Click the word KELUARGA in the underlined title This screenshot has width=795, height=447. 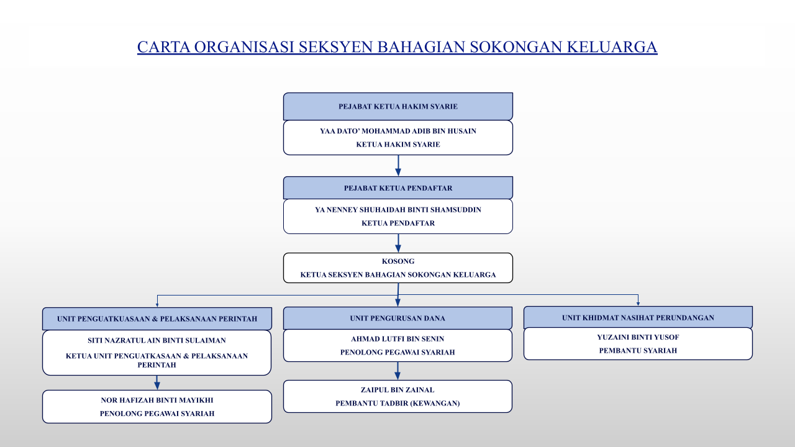612,47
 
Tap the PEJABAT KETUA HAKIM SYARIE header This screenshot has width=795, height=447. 398,106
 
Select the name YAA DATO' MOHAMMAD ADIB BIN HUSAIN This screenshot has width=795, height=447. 398,131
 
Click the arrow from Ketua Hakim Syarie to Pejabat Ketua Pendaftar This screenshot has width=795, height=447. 398,166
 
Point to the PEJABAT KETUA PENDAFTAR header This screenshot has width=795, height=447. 398,188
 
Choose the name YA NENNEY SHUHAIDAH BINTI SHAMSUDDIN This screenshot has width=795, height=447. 398,210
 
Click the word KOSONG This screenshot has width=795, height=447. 398,261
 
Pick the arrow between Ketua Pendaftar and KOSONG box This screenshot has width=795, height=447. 398,243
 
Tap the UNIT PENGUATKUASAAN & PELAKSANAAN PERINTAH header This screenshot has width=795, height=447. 157,318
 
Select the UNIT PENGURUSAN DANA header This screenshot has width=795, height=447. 397,318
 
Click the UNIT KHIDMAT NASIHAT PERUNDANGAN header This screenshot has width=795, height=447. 638,317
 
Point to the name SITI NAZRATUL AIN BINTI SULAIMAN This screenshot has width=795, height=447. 157,340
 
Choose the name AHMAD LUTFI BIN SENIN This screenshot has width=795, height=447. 397,339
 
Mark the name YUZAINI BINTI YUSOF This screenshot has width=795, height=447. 638,337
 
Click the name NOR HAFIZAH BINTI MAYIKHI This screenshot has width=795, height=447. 157,400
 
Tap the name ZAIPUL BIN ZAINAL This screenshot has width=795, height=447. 397,390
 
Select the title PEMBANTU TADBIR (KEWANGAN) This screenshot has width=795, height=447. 397,404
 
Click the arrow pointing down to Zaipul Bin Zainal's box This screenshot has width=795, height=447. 397,371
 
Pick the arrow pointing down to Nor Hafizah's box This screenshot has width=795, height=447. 157,383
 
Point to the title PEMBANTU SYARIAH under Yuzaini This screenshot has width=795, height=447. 638,351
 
